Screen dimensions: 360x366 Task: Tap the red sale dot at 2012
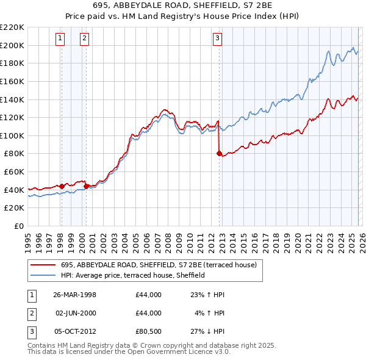click(219, 153)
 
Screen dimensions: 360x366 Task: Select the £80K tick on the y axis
click(14, 154)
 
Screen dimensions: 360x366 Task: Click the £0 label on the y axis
click(18, 226)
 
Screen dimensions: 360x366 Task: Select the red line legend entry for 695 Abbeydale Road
click(161, 265)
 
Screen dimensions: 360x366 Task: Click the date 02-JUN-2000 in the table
click(75, 312)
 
